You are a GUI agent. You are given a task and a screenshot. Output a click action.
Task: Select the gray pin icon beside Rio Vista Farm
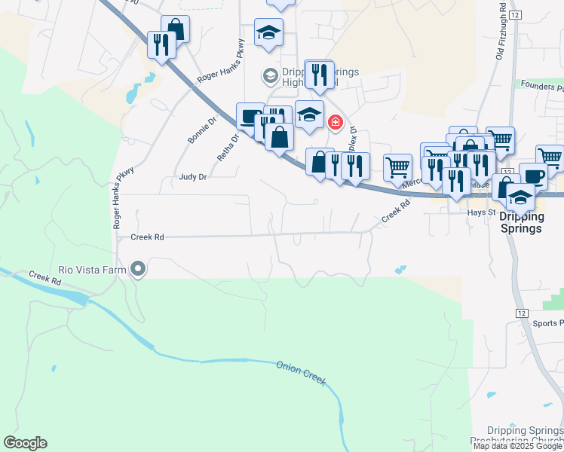(x=138, y=268)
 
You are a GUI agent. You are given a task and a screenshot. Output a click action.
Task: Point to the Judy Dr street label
(x=192, y=177)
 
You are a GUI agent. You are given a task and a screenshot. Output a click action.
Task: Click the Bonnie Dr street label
(x=201, y=130)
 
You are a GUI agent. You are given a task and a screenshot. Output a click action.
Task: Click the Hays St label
(x=480, y=212)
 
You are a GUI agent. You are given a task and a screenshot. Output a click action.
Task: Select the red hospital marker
(x=335, y=121)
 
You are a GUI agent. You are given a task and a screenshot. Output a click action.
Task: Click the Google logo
(x=25, y=443)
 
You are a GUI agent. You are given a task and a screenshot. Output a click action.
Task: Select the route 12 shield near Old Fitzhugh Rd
(x=516, y=15)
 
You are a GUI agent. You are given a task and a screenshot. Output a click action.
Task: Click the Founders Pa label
(x=542, y=85)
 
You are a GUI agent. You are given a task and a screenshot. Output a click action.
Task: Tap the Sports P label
(x=548, y=323)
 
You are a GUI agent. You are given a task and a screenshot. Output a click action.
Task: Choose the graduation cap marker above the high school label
(x=268, y=33)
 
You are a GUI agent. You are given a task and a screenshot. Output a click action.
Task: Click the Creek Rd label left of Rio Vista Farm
(x=45, y=277)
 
